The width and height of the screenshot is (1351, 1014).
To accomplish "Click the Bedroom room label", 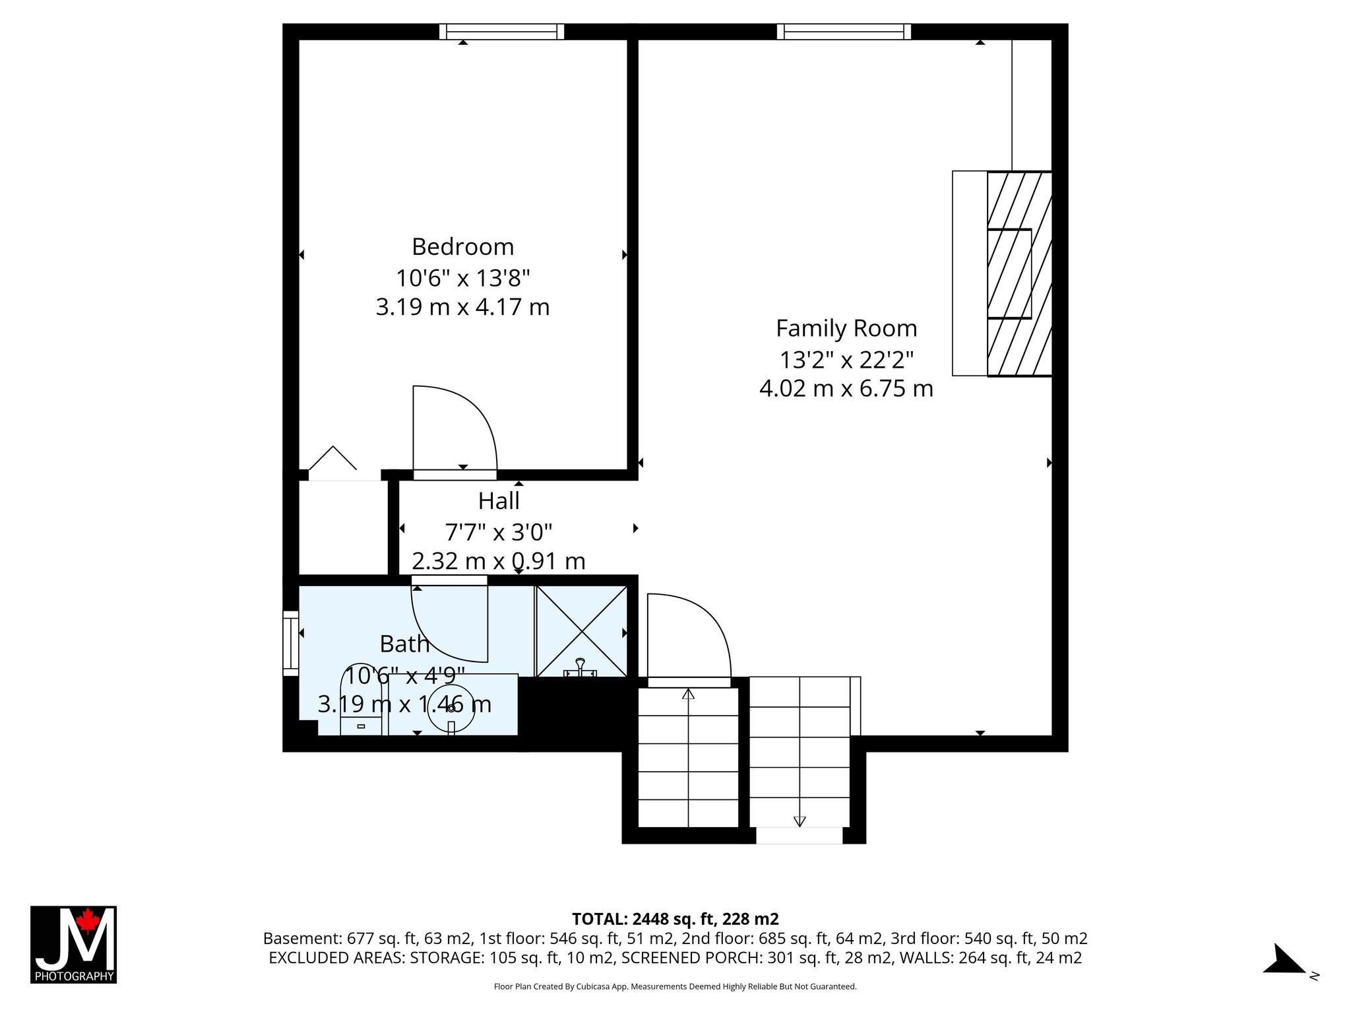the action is [x=462, y=246].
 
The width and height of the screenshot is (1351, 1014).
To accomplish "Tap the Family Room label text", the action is [x=846, y=328].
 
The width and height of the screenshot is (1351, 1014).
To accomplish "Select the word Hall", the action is [x=499, y=501].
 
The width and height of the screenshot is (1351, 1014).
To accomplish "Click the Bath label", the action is [x=404, y=643].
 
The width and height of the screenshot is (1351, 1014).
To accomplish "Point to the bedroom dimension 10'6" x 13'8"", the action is [x=462, y=277].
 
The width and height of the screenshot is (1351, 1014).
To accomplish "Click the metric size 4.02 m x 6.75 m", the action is [x=846, y=388].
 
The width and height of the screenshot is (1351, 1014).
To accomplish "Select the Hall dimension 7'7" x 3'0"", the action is [x=499, y=531].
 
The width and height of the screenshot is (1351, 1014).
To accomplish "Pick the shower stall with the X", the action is [x=581, y=631].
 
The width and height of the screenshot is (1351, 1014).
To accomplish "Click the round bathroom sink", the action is [x=451, y=708].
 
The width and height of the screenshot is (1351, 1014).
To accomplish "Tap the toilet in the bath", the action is [x=361, y=700].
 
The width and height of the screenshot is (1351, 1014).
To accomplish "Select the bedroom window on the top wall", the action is [x=502, y=32].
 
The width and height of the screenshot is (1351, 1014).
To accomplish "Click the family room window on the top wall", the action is [x=844, y=32].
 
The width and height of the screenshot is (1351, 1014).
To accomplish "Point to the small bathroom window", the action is [x=291, y=644].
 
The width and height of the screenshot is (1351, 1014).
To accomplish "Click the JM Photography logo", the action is [x=73, y=945].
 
